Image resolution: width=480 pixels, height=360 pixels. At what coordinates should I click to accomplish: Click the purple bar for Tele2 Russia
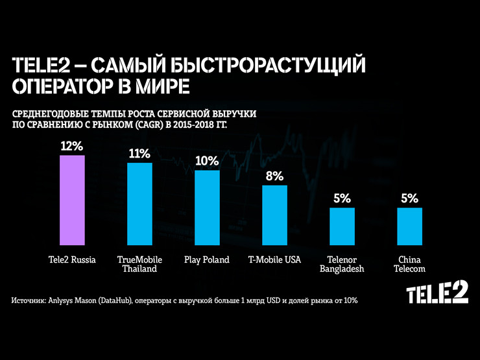click(72, 201)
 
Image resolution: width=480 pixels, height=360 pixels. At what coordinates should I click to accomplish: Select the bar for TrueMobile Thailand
click(139, 205)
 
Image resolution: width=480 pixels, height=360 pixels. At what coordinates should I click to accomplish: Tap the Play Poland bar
click(207, 209)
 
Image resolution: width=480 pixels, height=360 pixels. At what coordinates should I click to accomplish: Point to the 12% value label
click(71, 146)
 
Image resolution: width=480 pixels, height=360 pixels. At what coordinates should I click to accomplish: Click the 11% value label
click(139, 154)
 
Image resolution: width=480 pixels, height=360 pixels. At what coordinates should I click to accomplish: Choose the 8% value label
click(274, 176)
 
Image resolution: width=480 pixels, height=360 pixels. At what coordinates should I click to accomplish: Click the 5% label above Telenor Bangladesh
click(342, 198)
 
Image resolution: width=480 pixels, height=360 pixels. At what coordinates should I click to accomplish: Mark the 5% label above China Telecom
click(409, 198)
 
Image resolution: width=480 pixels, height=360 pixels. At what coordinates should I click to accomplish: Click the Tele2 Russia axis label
click(72, 260)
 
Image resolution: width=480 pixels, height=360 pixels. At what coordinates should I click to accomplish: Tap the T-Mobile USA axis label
click(275, 260)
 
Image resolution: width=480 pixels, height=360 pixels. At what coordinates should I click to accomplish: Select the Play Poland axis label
click(207, 260)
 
